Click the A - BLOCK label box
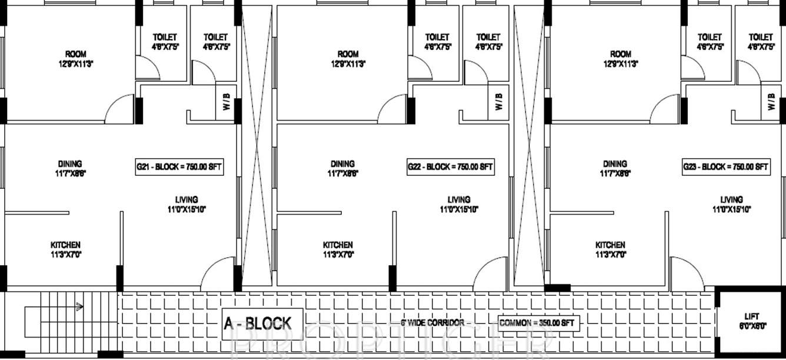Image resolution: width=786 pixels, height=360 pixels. click(x=257, y=323)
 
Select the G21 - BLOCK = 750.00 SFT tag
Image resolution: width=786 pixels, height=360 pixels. click(x=179, y=166)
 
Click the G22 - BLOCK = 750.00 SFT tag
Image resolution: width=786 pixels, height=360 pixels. click(x=451, y=166)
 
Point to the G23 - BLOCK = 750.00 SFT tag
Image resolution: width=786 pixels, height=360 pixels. click(x=725, y=166)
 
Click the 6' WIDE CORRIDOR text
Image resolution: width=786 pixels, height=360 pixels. click(x=432, y=323)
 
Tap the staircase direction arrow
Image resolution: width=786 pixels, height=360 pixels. click(x=78, y=306)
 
